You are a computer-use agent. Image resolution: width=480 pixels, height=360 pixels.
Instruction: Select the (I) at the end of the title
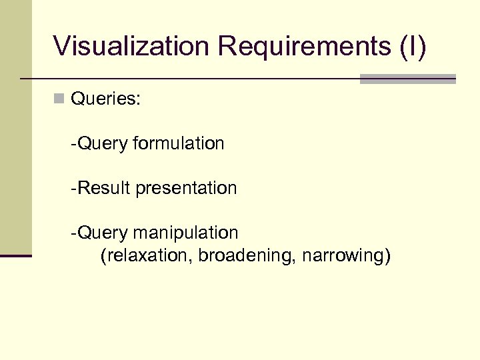click(x=413, y=47)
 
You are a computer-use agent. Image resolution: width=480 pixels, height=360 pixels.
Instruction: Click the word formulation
click(x=179, y=143)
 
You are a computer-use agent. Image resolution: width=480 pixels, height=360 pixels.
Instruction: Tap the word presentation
click(x=186, y=189)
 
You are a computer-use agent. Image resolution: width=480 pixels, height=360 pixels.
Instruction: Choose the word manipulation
click(x=185, y=233)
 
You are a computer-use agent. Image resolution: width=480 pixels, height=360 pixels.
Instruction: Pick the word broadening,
click(x=247, y=256)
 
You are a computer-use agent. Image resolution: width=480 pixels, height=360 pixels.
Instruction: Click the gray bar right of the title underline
click(x=407, y=79)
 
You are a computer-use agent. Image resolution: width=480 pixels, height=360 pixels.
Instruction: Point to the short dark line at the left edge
click(x=15, y=255)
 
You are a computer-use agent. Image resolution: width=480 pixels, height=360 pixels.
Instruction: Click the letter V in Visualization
click(x=62, y=47)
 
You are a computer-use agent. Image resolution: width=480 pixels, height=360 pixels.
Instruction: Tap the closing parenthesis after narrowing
click(x=387, y=257)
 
